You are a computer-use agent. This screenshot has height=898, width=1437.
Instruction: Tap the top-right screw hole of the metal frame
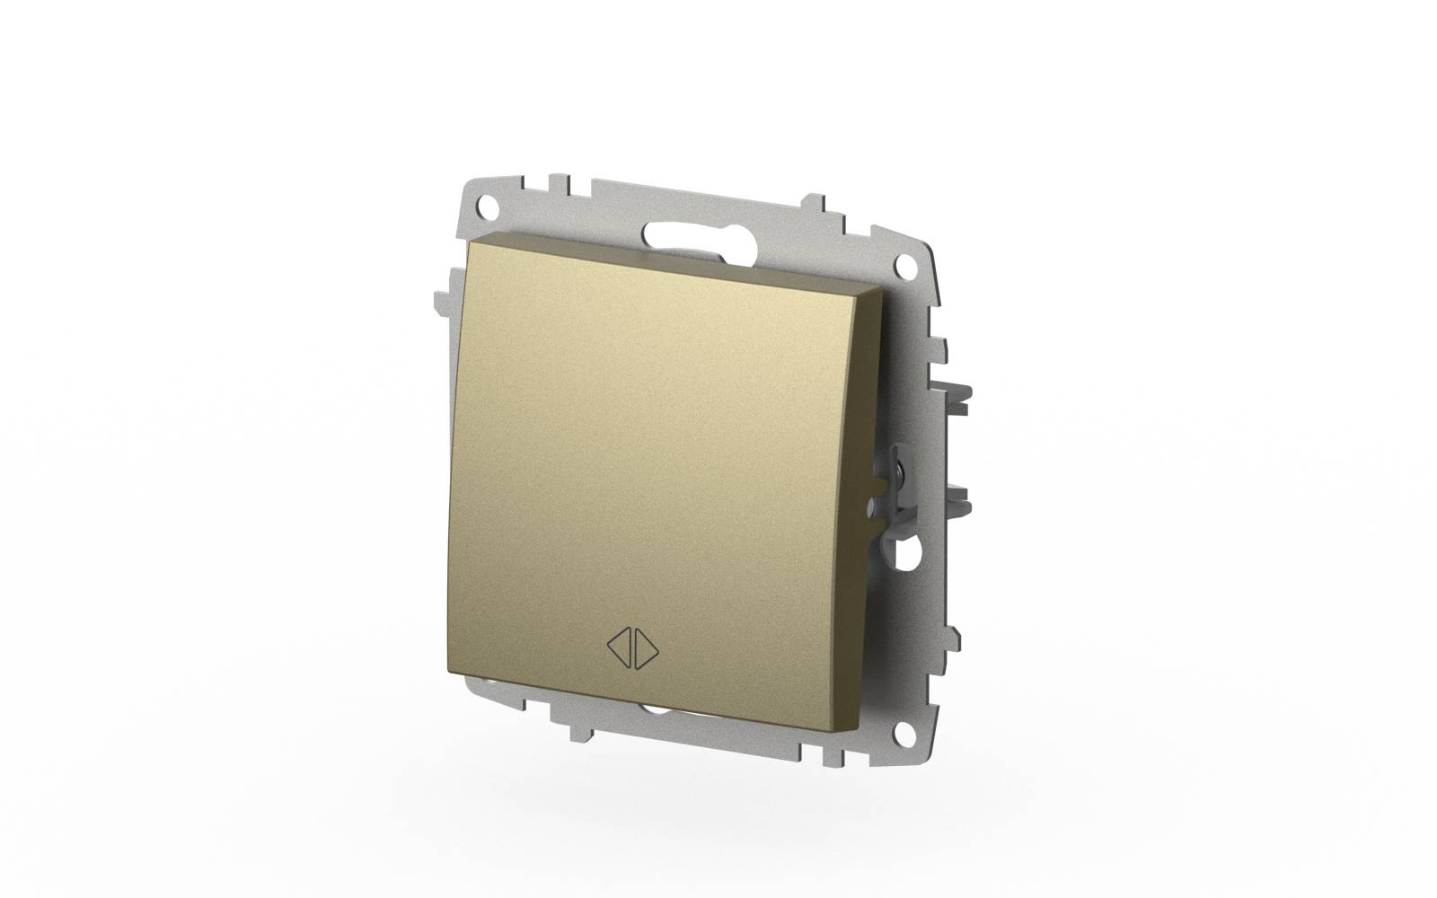point(910,269)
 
